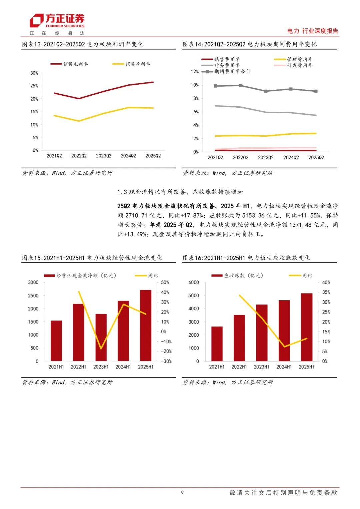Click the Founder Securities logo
pos(57,21)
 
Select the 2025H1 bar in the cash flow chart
pos(146,325)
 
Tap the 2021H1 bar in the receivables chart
pos(217,344)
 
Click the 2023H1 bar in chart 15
pos(101,337)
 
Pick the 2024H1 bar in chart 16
pos(284,331)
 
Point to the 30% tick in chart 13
pos(34,73)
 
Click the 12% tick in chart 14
pos(195,71)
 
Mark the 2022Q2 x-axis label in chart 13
pos(79,156)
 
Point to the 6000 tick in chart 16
pos(194,282)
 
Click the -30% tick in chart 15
pos(166,361)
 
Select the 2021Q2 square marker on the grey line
pos(215,86)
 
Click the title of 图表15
pos(92,258)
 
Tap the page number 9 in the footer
pos(182,492)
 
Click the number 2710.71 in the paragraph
pos(137,215)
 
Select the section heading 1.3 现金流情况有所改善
pos(180,192)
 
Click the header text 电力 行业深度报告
pos(312,31)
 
